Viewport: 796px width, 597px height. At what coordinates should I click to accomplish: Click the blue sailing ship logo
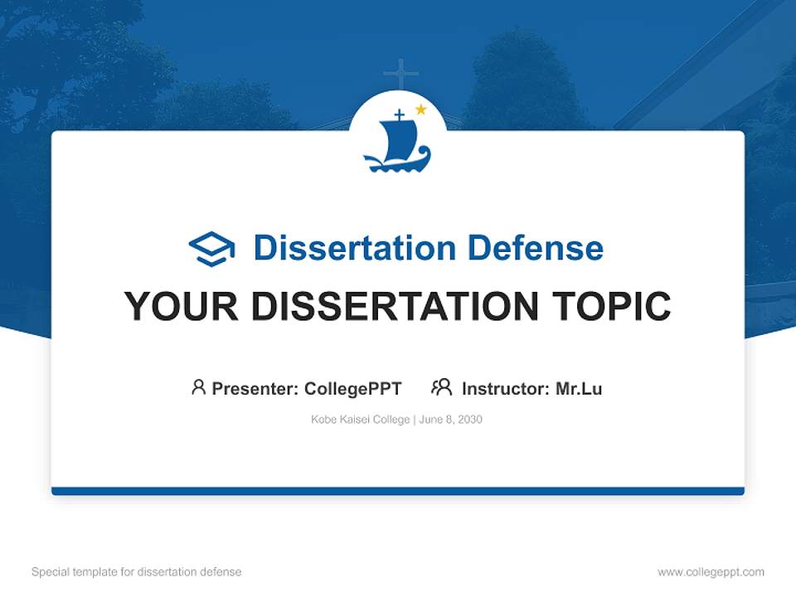click(x=396, y=143)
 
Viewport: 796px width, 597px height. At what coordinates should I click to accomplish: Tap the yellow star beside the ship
click(x=420, y=109)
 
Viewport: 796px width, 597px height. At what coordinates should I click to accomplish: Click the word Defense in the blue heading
click(x=535, y=248)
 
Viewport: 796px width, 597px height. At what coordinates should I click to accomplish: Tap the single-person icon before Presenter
click(x=198, y=387)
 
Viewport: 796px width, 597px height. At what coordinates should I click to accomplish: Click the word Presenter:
click(x=255, y=388)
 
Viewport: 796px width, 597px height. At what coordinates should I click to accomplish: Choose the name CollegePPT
click(x=353, y=388)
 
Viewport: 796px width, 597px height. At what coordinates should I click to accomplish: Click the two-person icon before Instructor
click(x=441, y=387)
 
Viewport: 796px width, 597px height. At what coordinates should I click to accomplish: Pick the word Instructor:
click(x=506, y=388)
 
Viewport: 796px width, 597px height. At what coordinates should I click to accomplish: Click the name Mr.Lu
click(x=579, y=388)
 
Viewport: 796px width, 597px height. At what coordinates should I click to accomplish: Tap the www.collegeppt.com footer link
click(x=711, y=572)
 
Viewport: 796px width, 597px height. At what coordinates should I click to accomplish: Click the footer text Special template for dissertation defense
click(x=137, y=572)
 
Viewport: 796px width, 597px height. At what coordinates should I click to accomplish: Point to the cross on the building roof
click(x=400, y=74)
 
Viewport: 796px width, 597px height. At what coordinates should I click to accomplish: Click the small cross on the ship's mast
click(x=399, y=114)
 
